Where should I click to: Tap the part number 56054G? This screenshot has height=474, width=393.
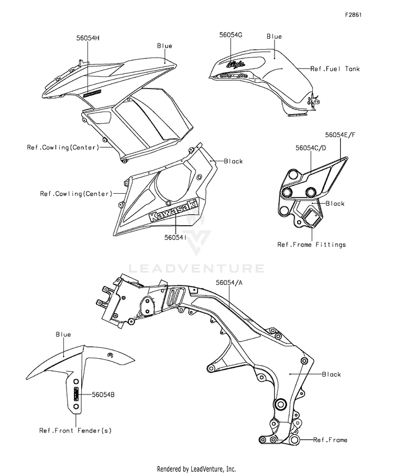pos(231,35)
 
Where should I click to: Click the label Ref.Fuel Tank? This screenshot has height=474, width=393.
pos(335,69)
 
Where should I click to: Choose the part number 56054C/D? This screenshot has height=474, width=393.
pos(311,148)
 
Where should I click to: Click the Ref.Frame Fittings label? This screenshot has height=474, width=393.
pos(311,245)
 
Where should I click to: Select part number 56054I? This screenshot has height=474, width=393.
pos(173,237)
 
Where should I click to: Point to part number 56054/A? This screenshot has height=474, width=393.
pos(229,282)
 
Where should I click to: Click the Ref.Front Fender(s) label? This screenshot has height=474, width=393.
pos(75,431)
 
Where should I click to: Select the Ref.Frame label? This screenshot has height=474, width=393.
pos(330,440)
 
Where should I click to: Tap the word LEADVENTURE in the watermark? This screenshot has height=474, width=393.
pos(197,269)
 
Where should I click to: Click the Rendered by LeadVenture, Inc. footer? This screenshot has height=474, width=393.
pos(196,469)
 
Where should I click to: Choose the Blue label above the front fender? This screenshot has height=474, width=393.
pos(63,335)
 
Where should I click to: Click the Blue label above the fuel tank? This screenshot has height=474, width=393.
pos(274,37)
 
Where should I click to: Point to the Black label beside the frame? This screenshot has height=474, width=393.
pos(331,374)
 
